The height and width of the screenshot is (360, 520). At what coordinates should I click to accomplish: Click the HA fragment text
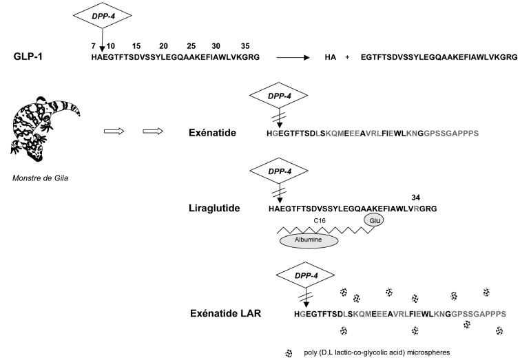click(330, 59)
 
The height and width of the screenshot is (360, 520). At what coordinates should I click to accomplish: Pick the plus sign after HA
click(349, 59)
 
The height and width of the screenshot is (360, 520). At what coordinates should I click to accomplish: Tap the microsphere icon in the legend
click(288, 353)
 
